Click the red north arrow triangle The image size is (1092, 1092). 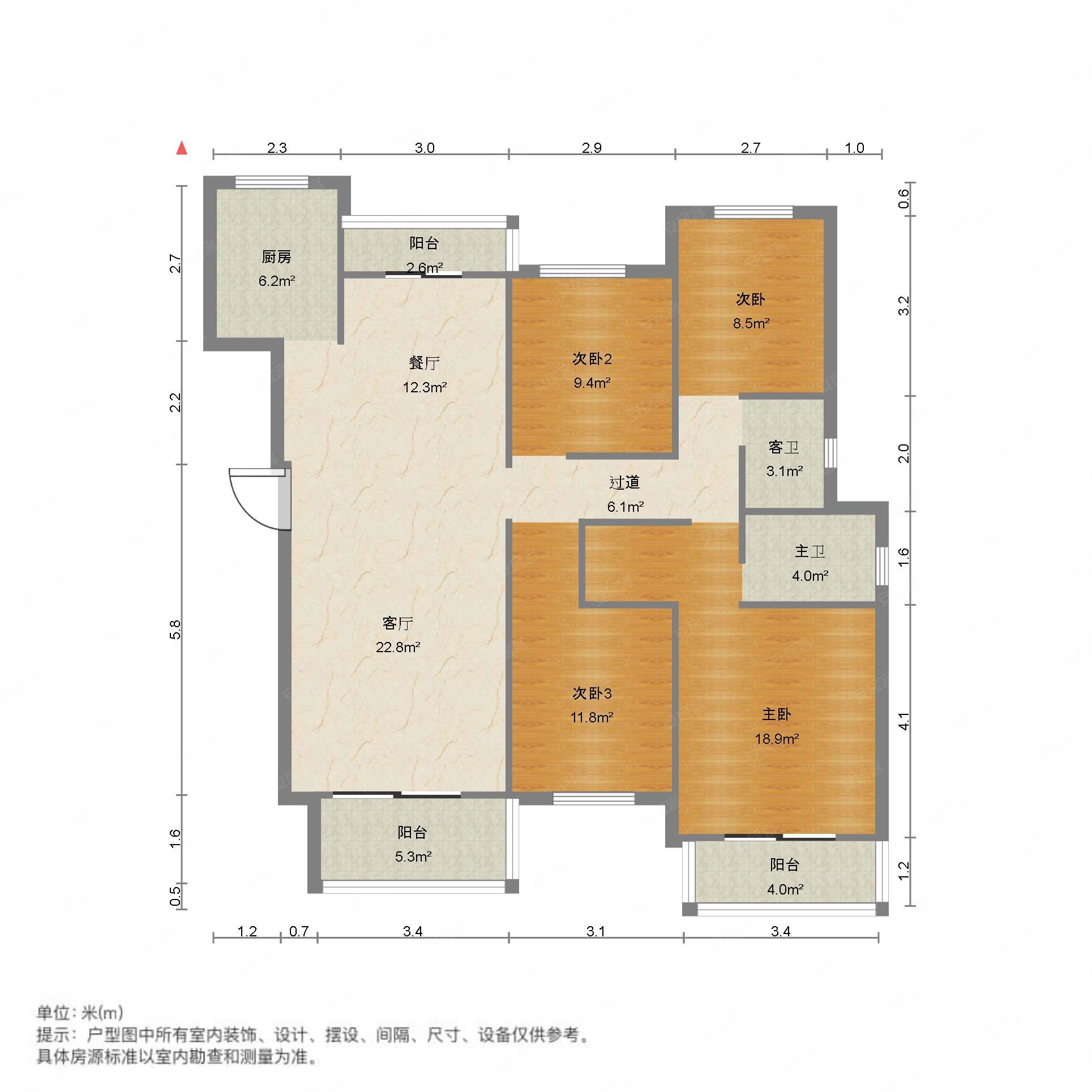pyautogui.click(x=182, y=148)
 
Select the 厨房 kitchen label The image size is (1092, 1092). pyautogui.click(x=276, y=258)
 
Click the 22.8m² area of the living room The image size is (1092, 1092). pyautogui.click(x=397, y=647)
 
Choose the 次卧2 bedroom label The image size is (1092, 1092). pyautogui.click(x=592, y=359)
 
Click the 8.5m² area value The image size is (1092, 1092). pyautogui.click(x=751, y=323)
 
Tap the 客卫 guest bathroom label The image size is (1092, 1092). pyautogui.click(x=783, y=447)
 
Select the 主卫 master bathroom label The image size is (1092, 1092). pyautogui.click(x=810, y=551)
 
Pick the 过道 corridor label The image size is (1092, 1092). pyautogui.click(x=624, y=482)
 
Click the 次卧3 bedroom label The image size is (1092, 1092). pyautogui.click(x=592, y=693)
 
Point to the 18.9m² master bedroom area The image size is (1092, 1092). pyautogui.click(x=776, y=738)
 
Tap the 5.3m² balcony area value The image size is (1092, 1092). pyautogui.click(x=413, y=857)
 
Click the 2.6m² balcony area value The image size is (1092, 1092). pyautogui.click(x=424, y=268)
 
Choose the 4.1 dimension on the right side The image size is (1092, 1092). pyautogui.click(x=904, y=720)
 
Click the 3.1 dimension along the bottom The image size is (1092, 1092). pyautogui.click(x=596, y=931)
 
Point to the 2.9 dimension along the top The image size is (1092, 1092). pyautogui.click(x=591, y=148)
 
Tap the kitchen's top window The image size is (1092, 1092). pyautogui.click(x=272, y=182)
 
